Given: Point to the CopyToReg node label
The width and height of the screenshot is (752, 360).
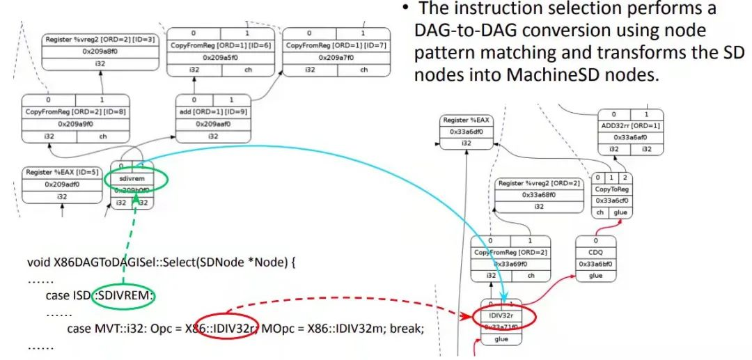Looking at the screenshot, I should (612, 189).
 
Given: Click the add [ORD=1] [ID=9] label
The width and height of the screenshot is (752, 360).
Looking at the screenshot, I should (211, 111).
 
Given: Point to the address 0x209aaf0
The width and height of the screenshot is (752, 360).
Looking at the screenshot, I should (211, 124).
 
